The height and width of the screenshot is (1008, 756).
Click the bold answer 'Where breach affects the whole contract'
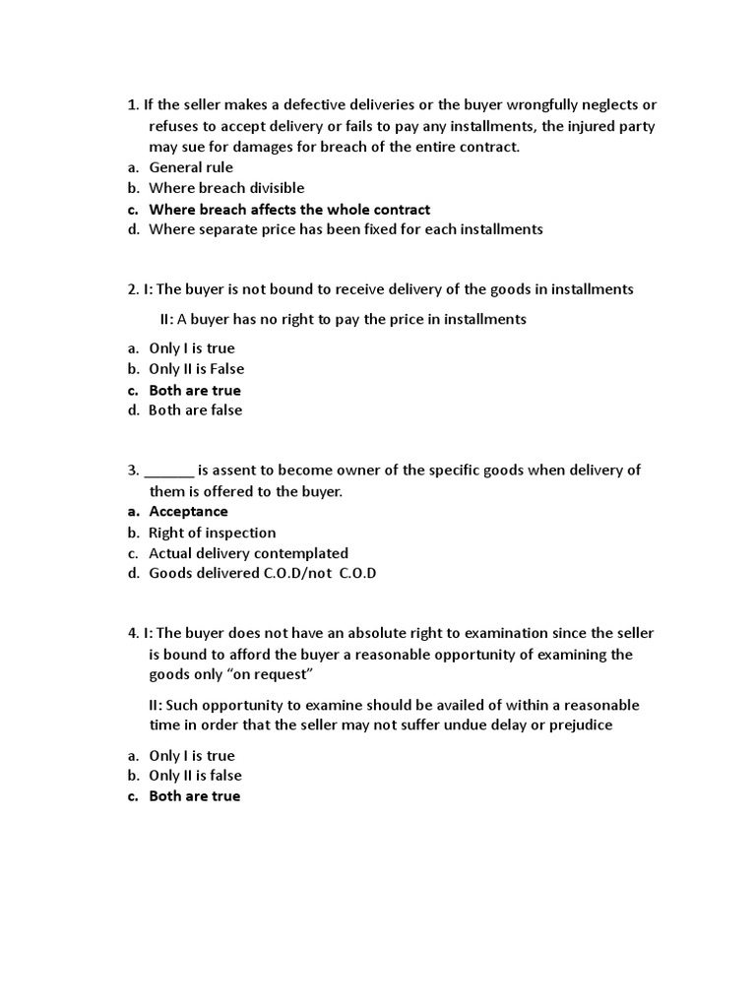tap(288, 209)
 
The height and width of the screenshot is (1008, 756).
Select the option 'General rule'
tap(190, 167)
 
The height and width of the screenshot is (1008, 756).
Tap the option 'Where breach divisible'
tap(226, 188)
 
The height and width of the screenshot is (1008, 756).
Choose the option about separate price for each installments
tap(345, 229)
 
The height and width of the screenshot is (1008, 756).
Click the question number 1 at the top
tap(133, 105)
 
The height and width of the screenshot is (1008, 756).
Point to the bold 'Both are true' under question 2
tap(194, 390)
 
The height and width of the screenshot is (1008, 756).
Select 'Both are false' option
tap(195, 410)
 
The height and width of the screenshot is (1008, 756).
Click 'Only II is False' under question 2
tap(196, 369)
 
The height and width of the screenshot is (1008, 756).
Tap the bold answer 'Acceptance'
tap(188, 512)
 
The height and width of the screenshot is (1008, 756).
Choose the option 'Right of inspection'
tap(212, 533)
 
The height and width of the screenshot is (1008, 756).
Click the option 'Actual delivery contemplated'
tap(248, 553)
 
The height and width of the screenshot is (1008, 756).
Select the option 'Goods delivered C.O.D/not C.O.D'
tap(262, 574)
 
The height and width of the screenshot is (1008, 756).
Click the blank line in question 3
tap(168, 471)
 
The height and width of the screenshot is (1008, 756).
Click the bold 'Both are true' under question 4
tap(194, 796)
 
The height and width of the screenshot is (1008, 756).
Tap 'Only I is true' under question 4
tap(191, 755)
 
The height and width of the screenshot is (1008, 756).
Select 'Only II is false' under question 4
tap(195, 776)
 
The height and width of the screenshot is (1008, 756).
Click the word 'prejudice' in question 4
tap(576, 725)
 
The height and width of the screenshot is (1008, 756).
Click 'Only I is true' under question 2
tap(191, 348)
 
